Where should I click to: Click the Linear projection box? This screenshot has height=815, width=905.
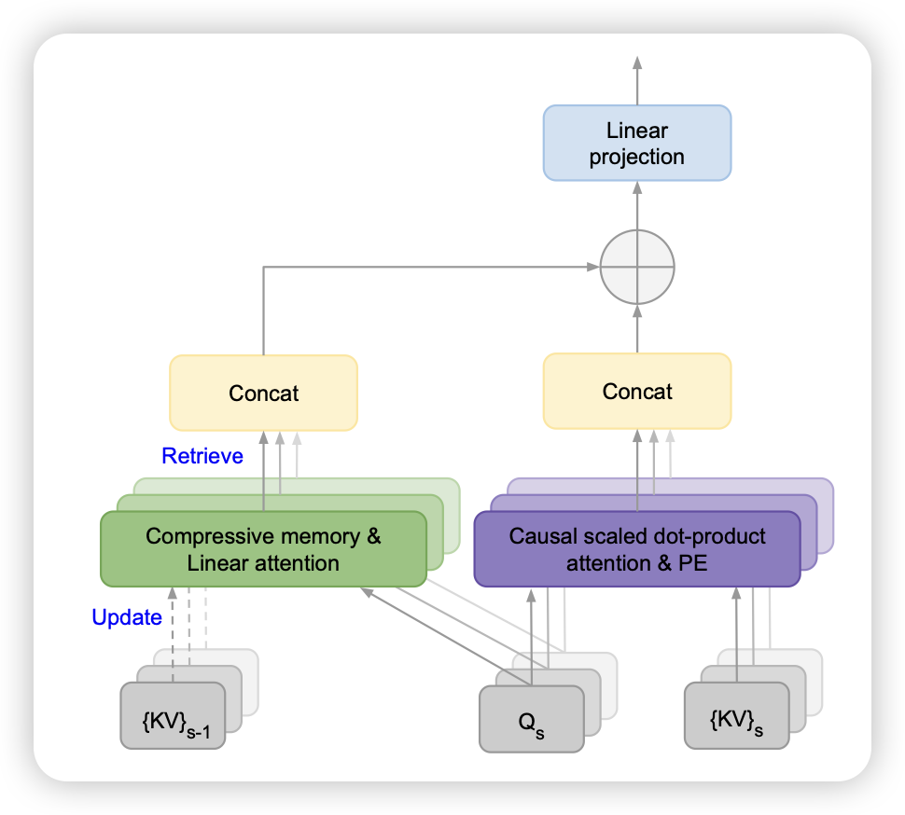(637, 143)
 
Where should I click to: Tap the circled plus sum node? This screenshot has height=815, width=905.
(637, 266)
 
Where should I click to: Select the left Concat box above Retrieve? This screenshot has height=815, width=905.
(264, 393)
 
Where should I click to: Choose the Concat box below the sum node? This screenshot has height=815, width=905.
(637, 391)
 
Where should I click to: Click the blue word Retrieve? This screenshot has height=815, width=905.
(202, 456)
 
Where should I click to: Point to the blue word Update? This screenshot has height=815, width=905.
(127, 616)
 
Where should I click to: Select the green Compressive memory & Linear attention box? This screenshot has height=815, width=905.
(263, 549)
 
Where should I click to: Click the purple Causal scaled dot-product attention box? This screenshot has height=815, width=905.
(637, 549)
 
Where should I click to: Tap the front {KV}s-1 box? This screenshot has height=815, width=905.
(173, 715)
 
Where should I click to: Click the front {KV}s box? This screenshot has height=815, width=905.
(736, 715)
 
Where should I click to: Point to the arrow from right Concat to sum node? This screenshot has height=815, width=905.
(637, 326)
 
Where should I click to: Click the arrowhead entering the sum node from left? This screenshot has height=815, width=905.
(592, 267)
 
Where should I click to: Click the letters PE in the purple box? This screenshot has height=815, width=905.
(691, 563)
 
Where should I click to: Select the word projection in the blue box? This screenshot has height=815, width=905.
(637, 156)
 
